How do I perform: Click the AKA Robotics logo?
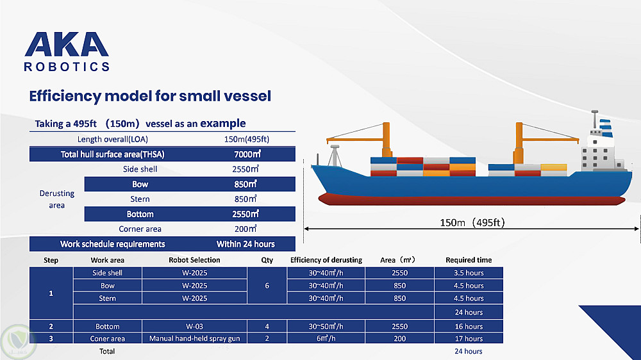point(67,51)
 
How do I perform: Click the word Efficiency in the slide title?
point(65,97)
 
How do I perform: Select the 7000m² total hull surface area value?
point(247,154)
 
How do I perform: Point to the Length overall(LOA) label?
point(112,140)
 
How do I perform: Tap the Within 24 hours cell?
point(246,244)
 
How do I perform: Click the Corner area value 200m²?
point(246,229)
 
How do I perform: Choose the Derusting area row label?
point(57,199)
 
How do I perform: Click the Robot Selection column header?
point(194,260)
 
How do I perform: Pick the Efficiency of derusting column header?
point(326,260)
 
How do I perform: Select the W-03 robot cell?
point(194,327)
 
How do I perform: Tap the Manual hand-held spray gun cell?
point(194,338)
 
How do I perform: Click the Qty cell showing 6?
point(267,286)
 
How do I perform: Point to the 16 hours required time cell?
point(469,327)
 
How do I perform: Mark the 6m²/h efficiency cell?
point(326,338)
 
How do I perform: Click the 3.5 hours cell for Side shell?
point(469,273)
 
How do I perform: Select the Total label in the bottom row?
point(107,351)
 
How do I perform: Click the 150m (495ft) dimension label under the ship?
point(472,223)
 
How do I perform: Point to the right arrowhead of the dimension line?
point(636,229)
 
